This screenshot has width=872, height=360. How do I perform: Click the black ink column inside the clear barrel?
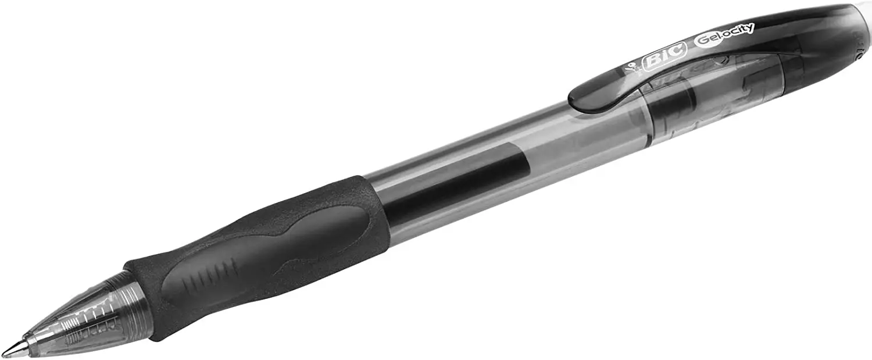point(453,180)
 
